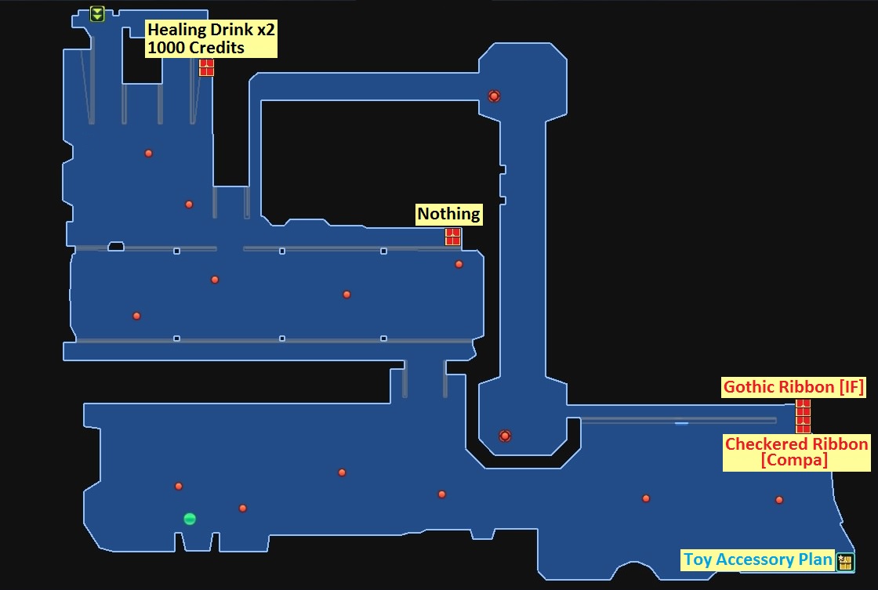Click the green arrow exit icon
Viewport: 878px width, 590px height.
point(97,13)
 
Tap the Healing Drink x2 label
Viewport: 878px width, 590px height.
point(212,31)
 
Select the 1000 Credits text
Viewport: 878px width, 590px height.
point(196,48)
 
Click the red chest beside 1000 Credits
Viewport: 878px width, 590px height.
point(206,67)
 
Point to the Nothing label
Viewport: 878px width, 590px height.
point(448,214)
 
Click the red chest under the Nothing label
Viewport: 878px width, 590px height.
point(452,237)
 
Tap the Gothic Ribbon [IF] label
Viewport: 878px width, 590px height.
point(794,387)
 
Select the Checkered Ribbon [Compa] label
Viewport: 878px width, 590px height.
point(796,452)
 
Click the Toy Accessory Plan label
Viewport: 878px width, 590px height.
point(756,559)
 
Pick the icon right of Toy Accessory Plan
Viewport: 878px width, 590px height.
point(844,561)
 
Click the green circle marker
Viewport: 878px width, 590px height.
point(189,519)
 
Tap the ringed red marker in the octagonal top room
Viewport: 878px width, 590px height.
point(494,96)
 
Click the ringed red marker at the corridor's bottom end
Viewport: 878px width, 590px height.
point(505,436)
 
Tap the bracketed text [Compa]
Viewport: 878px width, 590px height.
point(794,461)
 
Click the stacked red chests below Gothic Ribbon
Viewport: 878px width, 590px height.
point(803,416)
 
